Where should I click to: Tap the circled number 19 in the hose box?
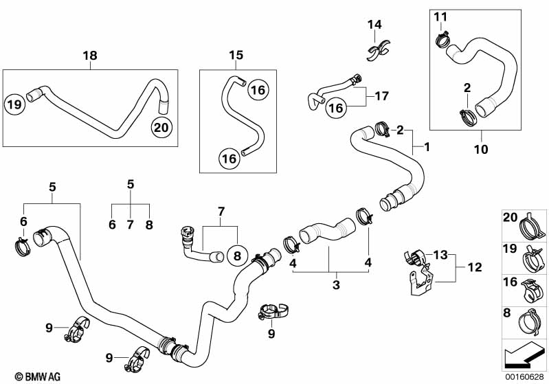click(13, 104)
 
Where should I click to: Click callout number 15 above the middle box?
click(236, 56)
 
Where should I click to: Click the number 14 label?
click(374, 25)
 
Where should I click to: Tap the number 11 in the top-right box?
click(440, 16)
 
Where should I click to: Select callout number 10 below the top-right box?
click(481, 149)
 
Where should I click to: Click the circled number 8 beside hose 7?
click(236, 256)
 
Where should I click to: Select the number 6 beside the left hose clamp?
click(23, 221)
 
